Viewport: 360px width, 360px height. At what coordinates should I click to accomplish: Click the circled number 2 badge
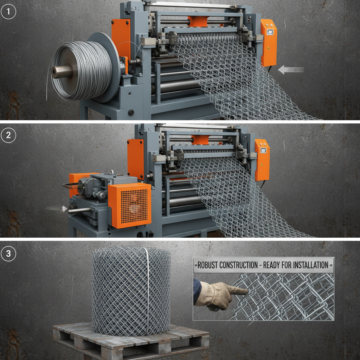pos(8,136)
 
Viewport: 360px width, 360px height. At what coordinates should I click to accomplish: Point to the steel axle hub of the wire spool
pos(62,72)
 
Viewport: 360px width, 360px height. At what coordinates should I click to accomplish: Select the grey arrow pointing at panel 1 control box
pos(291,70)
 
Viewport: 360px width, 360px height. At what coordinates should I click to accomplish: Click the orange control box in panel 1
pos(269,42)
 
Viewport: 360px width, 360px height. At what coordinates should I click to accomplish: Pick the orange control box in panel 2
pos(262,160)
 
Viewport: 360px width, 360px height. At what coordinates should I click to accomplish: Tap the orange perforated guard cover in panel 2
pos(129,205)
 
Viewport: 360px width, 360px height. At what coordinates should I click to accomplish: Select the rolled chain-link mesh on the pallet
pos(131,290)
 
